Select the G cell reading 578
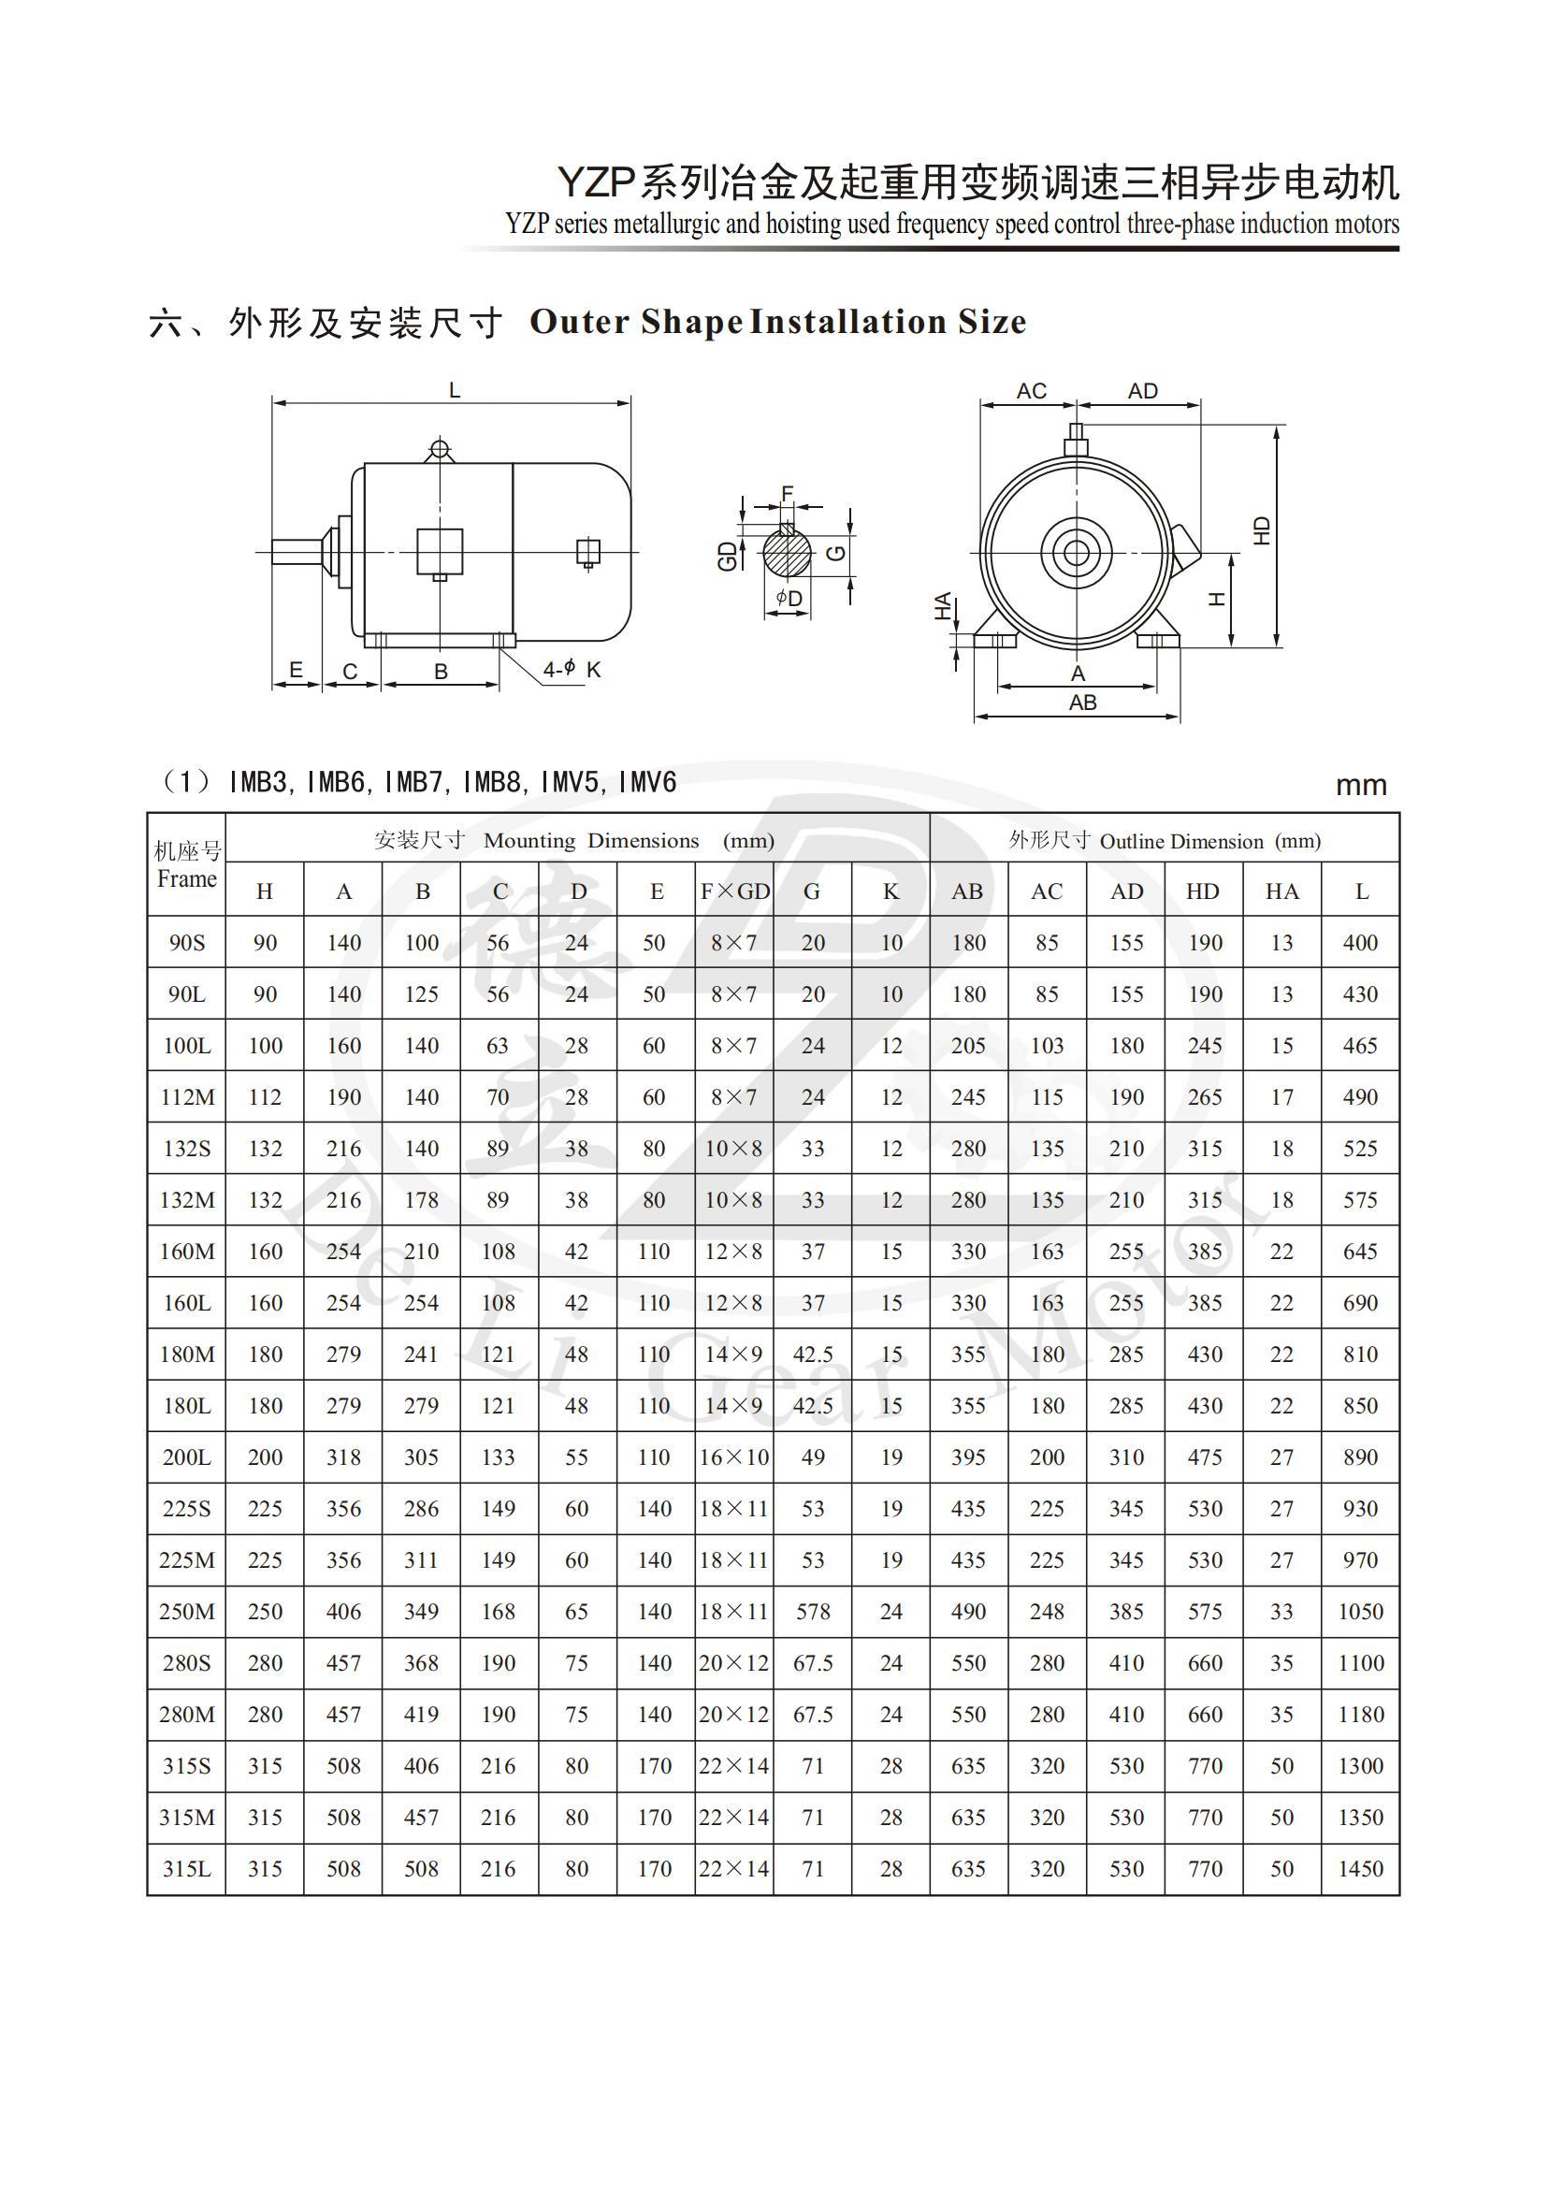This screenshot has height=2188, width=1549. [813, 1612]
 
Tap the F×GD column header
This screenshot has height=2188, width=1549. [734, 891]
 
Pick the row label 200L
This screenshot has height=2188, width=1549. [187, 1457]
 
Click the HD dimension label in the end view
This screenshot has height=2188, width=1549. [1262, 530]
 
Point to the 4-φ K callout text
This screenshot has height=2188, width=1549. [572, 670]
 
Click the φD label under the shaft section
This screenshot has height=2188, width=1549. [789, 598]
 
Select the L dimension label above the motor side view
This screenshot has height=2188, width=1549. [455, 390]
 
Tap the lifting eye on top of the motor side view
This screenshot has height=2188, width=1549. [439, 448]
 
